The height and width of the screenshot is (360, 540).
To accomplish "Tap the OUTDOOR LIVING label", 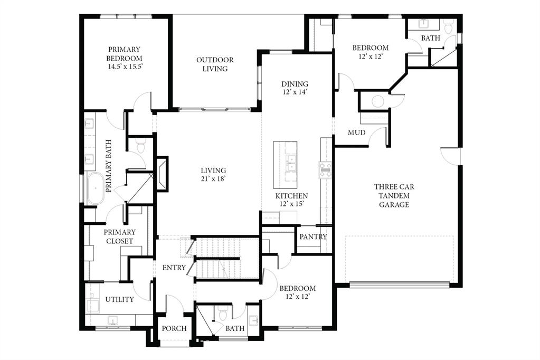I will [x=215, y=64].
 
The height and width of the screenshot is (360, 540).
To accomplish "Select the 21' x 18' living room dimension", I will [x=213, y=179].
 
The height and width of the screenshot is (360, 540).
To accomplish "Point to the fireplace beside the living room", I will [x=162, y=173].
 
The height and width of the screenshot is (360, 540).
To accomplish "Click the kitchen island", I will [x=285, y=164].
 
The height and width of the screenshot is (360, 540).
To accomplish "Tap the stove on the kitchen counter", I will [x=325, y=169].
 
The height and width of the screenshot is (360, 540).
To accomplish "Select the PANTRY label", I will [x=313, y=237].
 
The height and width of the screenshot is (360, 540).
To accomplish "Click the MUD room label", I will [x=357, y=132].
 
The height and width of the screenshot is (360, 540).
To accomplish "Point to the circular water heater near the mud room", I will [x=378, y=101].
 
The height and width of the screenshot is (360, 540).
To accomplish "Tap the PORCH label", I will [x=174, y=328].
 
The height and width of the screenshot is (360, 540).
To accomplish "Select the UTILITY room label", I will [x=119, y=299].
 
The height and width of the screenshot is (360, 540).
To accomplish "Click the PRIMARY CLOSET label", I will [x=119, y=236].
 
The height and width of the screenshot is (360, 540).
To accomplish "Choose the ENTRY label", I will [x=174, y=268].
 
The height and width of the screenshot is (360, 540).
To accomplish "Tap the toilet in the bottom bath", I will [x=223, y=315].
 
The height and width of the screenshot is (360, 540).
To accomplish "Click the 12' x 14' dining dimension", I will [x=295, y=92].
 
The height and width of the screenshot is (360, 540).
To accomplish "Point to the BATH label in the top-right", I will [x=430, y=38].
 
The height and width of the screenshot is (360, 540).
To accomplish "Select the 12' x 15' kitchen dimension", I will [x=291, y=204].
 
